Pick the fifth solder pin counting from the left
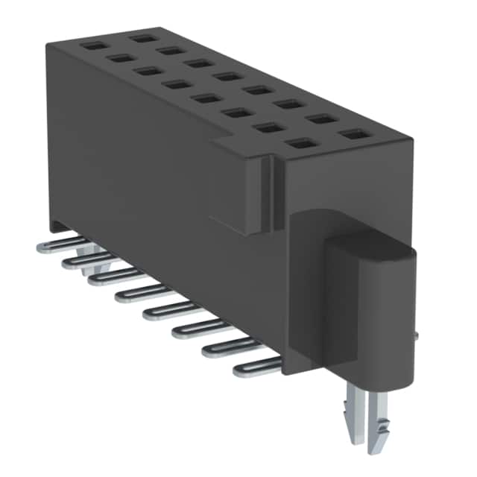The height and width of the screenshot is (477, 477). click(x=168, y=309)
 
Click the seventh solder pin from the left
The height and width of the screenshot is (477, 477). click(x=227, y=346)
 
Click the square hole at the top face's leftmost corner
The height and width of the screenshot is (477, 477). click(x=92, y=45)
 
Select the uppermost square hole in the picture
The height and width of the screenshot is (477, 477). click(x=139, y=37)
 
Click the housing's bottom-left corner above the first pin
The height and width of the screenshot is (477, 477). click(x=54, y=227)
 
